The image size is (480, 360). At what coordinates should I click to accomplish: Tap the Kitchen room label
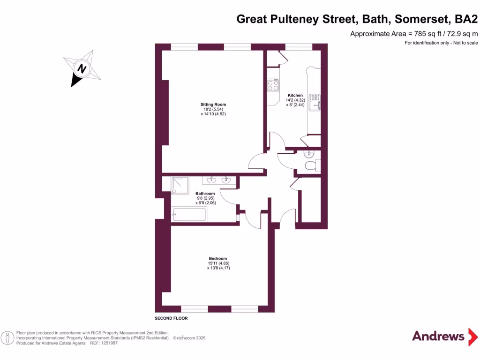295,95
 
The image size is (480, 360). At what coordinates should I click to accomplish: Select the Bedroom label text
218,258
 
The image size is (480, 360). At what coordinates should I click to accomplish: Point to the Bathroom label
205,194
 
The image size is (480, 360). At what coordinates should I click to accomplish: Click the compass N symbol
82,68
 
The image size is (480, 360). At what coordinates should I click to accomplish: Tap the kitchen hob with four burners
273,85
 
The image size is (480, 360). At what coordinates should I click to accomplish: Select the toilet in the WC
310,165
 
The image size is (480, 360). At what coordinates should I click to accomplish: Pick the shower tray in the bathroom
180,185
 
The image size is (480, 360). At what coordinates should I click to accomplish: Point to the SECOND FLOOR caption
171,318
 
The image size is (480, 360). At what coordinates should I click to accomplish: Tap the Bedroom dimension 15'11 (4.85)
218,263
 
